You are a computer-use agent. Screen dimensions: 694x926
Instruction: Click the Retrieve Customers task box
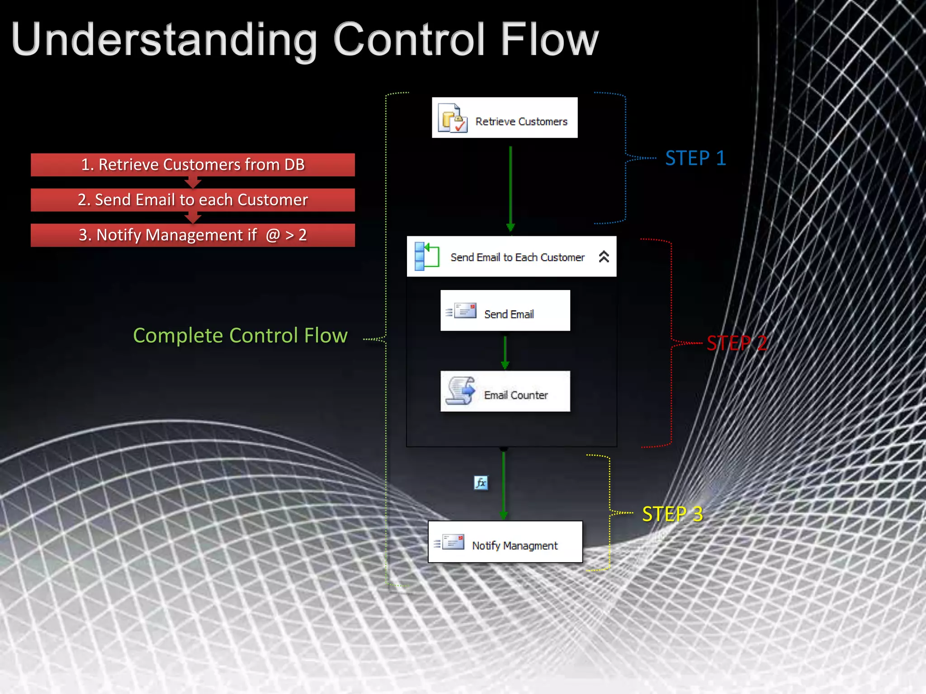(505, 117)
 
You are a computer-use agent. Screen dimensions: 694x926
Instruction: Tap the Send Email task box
(505, 311)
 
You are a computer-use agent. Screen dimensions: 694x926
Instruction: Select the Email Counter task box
(505, 391)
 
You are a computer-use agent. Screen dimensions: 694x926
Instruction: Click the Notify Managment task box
(505, 542)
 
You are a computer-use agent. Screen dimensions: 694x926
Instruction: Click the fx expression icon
(481, 483)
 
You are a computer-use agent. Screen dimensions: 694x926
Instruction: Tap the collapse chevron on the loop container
(604, 257)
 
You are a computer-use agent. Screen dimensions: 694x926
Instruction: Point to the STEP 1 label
(695, 158)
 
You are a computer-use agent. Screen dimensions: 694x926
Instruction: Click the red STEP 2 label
(737, 343)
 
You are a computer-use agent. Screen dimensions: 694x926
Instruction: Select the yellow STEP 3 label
(672, 514)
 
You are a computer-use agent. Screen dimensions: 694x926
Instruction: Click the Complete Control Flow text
(240, 336)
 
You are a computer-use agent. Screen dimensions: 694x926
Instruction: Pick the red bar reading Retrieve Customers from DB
(193, 165)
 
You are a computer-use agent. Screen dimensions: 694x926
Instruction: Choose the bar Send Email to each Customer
(193, 200)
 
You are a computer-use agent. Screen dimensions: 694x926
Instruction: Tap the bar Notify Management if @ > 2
(193, 235)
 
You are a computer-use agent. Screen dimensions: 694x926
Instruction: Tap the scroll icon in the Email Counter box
(460, 391)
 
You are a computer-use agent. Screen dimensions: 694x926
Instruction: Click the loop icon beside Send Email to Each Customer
(426, 256)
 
